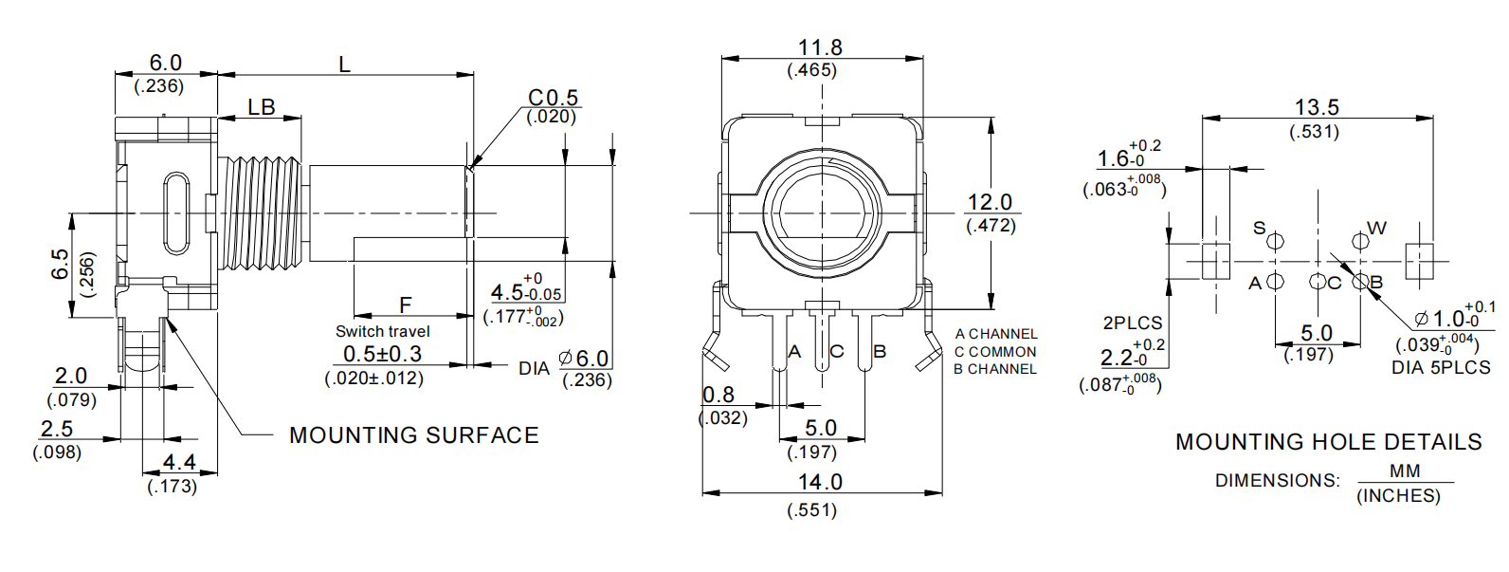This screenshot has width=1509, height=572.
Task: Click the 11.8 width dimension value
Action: [x=820, y=47]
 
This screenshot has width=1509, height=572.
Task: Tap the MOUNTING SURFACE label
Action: [x=414, y=435]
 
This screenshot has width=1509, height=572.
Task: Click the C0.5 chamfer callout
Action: [x=553, y=98]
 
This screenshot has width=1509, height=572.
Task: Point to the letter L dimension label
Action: [x=344, y=65]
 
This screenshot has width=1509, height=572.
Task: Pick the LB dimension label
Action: [x=262, y=107]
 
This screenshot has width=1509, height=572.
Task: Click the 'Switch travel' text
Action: [x=382, y=331]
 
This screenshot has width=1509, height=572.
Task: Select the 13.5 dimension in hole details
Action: [x=1317, y=107]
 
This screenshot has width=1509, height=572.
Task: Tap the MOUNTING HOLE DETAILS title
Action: [x=1328, y=442]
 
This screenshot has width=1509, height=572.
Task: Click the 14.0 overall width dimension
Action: [x=820, y=482]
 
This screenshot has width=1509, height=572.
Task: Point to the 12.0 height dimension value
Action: [x=990, y=202]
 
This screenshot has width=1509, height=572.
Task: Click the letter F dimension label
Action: [x=406, y=305]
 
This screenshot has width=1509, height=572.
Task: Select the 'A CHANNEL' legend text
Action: [x=996, y=334]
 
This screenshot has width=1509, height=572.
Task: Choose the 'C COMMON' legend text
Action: [x=995, y=352]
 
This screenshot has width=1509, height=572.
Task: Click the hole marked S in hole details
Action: [x=1276, y=241]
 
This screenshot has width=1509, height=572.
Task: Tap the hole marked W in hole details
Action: [x=1360, y=241]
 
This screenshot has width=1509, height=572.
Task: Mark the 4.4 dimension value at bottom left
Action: [x=179, y=462]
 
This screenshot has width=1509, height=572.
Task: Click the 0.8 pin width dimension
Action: [x=718, y=395]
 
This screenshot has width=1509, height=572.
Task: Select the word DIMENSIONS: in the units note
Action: [x=1278, y=481]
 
